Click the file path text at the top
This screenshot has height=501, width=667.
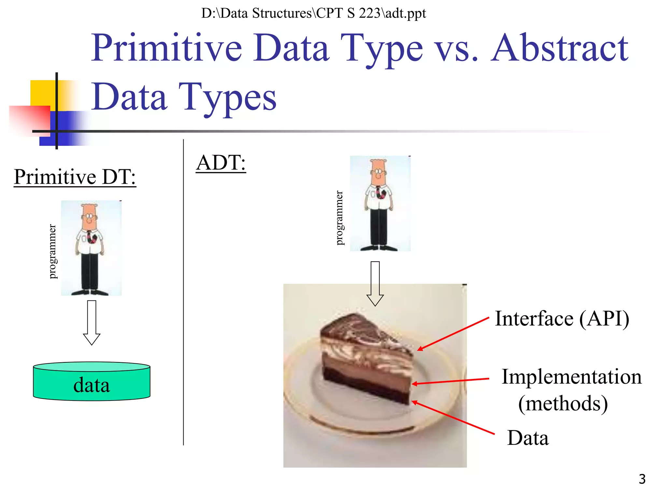313,13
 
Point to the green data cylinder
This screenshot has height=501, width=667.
92,382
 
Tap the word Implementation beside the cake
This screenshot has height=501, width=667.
571,377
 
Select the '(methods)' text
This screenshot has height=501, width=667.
563,403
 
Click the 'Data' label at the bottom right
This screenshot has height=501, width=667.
528,438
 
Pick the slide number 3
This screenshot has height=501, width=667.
642,479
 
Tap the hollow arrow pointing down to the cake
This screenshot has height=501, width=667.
375,283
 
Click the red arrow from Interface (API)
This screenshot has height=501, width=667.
453,334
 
